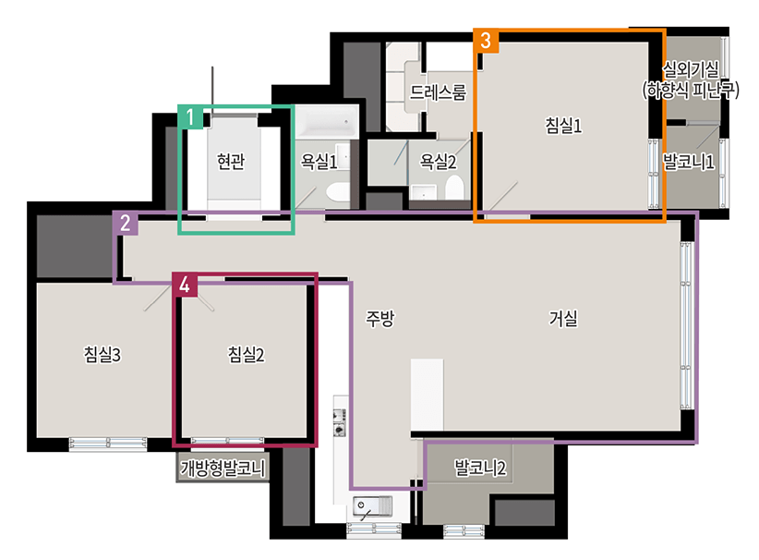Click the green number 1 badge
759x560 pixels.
190,116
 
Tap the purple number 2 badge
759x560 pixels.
126,223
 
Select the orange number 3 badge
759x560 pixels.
486,41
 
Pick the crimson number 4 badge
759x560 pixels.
185,285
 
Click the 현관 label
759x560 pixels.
231,162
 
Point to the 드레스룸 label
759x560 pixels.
438,92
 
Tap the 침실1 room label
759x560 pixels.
563,126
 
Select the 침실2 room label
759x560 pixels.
246,355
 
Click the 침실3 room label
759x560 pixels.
102,355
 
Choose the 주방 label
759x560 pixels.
380,318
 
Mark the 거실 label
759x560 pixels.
563,318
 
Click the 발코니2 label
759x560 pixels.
480,468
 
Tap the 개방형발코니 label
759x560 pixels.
223,468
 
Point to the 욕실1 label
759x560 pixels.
319,162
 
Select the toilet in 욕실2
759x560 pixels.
454,188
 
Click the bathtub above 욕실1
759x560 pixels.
327,122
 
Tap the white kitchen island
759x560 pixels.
427,395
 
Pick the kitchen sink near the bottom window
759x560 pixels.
372,507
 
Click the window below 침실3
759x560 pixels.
108,444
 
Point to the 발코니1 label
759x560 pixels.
688,162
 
